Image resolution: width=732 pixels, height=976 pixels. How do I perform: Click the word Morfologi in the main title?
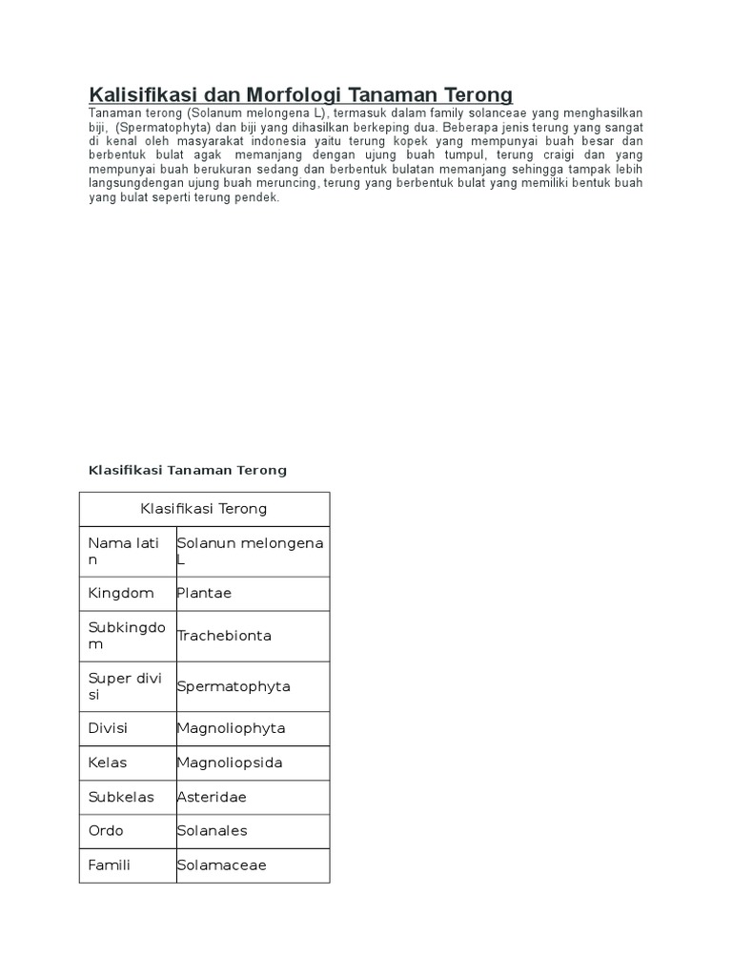point(296,94)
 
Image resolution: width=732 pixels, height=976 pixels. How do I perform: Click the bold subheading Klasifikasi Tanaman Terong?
point(187,470)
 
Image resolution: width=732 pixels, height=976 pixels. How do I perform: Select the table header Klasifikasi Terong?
point(204,509)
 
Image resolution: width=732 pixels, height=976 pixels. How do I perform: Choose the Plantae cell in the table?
point(204,593)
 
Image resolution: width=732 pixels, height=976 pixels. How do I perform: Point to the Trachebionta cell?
point(224,636)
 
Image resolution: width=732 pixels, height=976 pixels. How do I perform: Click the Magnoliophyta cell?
point(231,728)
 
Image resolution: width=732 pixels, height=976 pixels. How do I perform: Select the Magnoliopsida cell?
point(230,762)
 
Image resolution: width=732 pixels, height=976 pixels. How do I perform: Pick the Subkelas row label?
point(121,797)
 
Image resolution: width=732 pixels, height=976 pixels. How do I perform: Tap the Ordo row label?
point(106,830)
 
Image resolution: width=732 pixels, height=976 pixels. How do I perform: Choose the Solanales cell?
point(212,830)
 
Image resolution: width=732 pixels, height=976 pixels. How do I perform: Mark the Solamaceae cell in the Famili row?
point(221,865)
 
